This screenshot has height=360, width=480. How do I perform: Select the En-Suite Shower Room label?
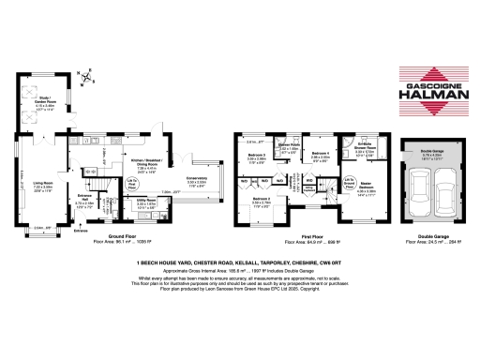pyautogui.click(x=366, y=147)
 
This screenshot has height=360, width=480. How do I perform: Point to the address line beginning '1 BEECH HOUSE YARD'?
pyautogui.click(x=240, y=263)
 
